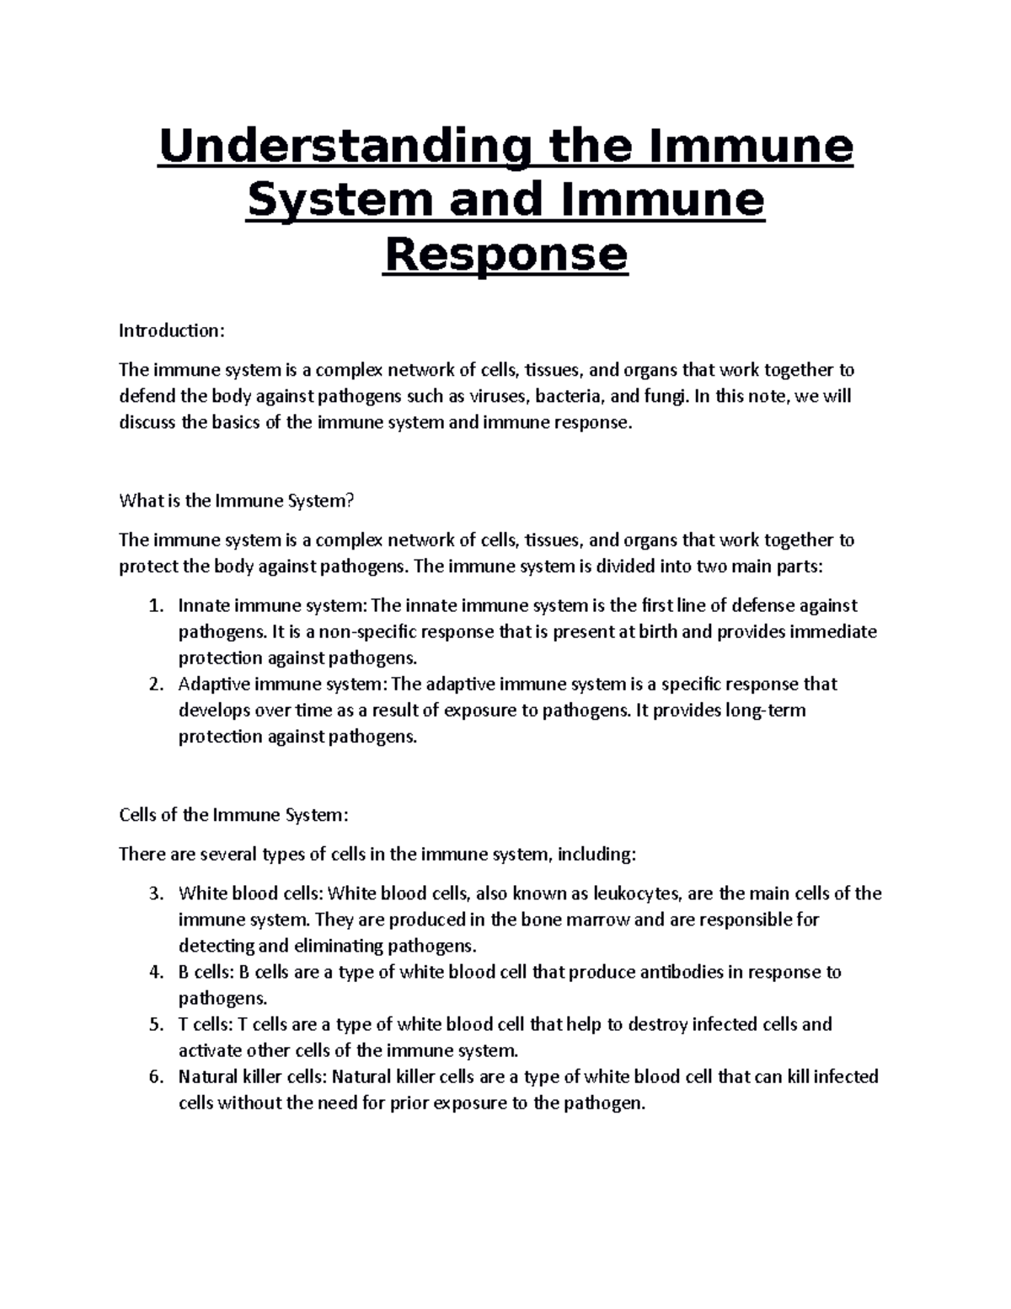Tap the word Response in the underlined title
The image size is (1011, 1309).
(x=505, y=255)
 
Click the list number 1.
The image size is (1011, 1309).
(x=153, y=605)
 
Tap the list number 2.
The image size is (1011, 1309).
(x=153, y=684)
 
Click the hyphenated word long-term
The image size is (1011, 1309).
(x=765, y=710)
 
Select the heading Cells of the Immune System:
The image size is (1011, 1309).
(x=233, y=815)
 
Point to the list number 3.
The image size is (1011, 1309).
(x=153, y=893)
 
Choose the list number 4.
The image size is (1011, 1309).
(x=153, y=972)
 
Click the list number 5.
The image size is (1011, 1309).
(x=153, y=1024)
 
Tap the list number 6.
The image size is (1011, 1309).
(x=153, y=1076)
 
